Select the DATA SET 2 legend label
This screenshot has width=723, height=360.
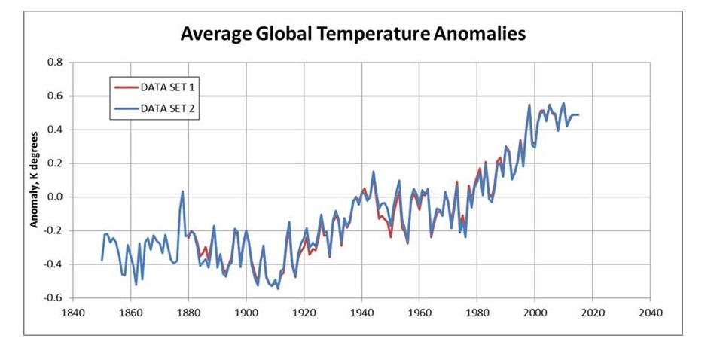(173, 109)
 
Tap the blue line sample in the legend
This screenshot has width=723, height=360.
(126, 109)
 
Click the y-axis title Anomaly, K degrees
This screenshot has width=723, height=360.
(34, 181)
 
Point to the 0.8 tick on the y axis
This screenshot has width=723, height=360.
(54, 62)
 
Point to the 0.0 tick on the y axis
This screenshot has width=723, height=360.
(54, 197)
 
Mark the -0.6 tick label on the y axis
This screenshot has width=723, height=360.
(53, 298)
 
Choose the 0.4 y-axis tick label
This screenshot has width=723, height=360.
(54, 130)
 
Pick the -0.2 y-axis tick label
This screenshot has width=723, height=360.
(53, 230)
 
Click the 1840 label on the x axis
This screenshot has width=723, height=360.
(72, 312)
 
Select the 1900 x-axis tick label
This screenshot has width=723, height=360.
(246, 312)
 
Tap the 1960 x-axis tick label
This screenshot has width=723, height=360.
(419, 312)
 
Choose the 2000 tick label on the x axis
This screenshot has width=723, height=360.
(535, 312)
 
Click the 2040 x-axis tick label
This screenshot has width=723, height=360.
(650, 312)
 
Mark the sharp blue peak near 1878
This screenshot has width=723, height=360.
(182, 191)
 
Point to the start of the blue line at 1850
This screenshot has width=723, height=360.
(102, 260)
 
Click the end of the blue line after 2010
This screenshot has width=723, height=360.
(578, 114)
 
